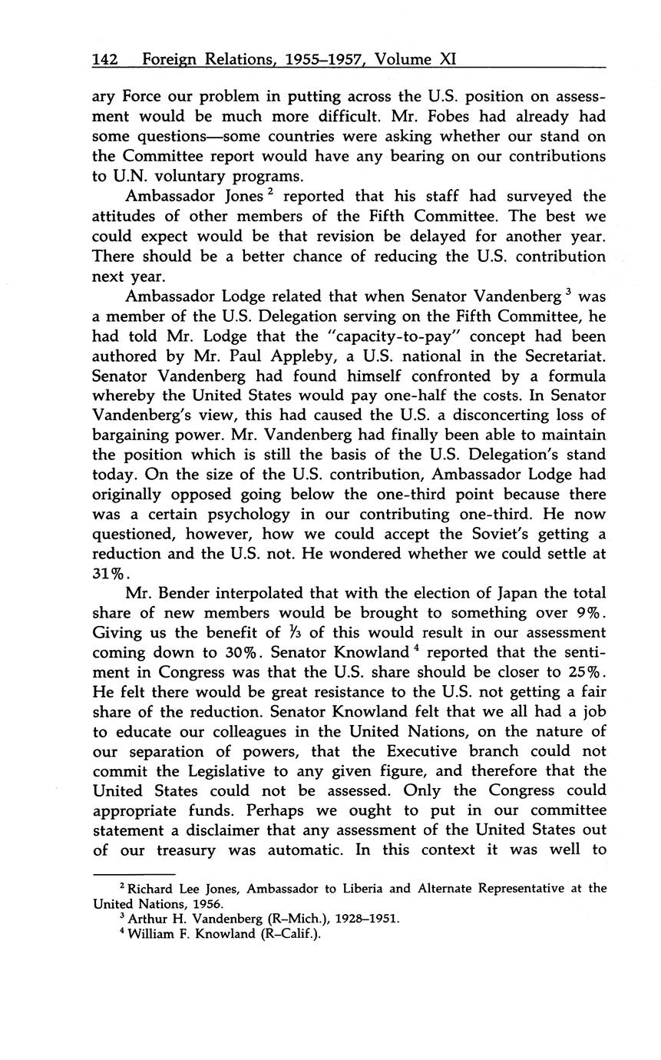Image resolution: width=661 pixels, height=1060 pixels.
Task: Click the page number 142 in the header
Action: [x=104, y=60]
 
